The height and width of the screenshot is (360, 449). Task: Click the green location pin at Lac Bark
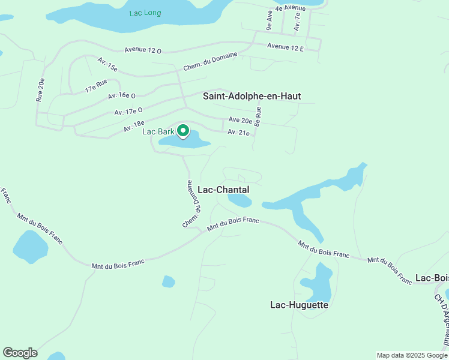click(182, 131)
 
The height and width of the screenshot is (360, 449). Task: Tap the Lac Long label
click(145, 13)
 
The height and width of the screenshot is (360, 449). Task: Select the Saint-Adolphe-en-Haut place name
click(252, 96)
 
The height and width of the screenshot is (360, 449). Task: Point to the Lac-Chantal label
click(223, 190)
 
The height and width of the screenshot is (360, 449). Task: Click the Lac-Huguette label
click(299, 305)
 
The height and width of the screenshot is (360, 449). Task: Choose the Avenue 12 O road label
click(143, 51)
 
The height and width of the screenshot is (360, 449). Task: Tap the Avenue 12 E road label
click(285, 46)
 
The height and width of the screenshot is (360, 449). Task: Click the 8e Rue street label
click(258, 116)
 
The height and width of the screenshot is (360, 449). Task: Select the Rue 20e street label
click(41, 90)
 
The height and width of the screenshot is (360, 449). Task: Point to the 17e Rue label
click(96, 85)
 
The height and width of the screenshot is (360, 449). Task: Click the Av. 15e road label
click(109, 64)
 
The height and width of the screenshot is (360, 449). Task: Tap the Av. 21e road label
click(238, 133)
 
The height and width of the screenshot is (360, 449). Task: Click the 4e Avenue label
click(291, 8)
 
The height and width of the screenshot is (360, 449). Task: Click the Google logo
click(20, 353)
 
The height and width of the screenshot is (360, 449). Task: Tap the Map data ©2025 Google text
click(412, 355)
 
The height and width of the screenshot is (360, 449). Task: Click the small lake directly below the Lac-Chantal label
click(240, 200)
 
